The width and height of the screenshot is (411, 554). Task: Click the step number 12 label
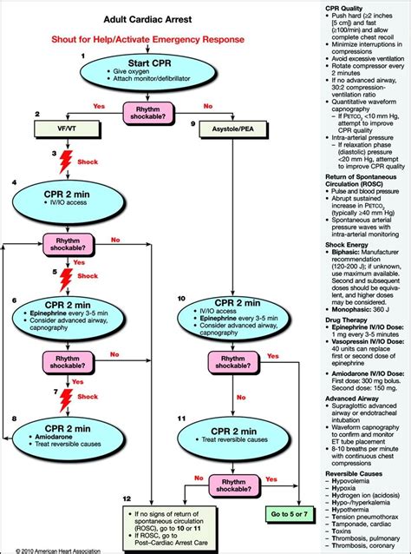tap(127, 499)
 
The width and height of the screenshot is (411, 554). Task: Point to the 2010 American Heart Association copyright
tap(53, 549)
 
